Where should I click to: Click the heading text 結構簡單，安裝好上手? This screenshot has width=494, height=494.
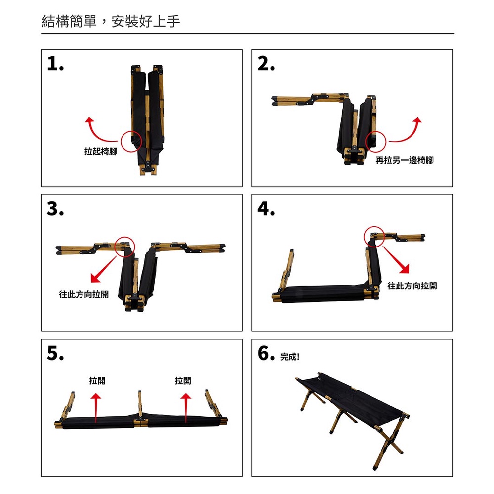pos(111,21)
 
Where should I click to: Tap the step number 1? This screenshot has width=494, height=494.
pos(55,63)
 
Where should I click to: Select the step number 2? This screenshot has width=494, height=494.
pos(266,63)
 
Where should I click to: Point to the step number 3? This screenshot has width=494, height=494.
pos(55,208)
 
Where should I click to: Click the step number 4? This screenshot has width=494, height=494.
pos(266,208)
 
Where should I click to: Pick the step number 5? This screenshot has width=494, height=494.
pos(55,353)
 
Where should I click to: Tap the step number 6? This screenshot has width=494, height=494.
pos(266,353)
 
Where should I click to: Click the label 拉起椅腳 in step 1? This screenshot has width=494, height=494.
pos(101,151)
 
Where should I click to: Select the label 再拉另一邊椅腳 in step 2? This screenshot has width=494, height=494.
pos(405,160)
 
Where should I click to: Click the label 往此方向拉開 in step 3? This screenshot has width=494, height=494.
pos(84,294)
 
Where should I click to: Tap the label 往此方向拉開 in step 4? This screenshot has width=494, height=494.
pos(412,286)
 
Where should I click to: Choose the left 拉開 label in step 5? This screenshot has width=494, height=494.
pos(97,381)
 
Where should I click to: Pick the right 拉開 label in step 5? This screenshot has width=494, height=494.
pos(183,381)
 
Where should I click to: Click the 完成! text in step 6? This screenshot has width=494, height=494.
pos(290,357)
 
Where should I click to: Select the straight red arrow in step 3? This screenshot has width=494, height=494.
pos(104,269)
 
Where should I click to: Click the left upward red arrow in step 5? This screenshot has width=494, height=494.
pos(96,408)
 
